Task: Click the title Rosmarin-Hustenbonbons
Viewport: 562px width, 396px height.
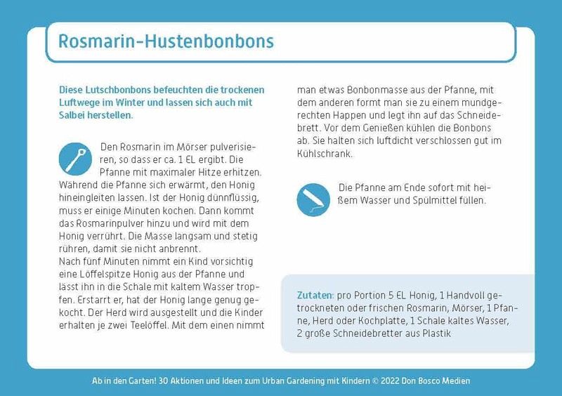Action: point(166,41)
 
